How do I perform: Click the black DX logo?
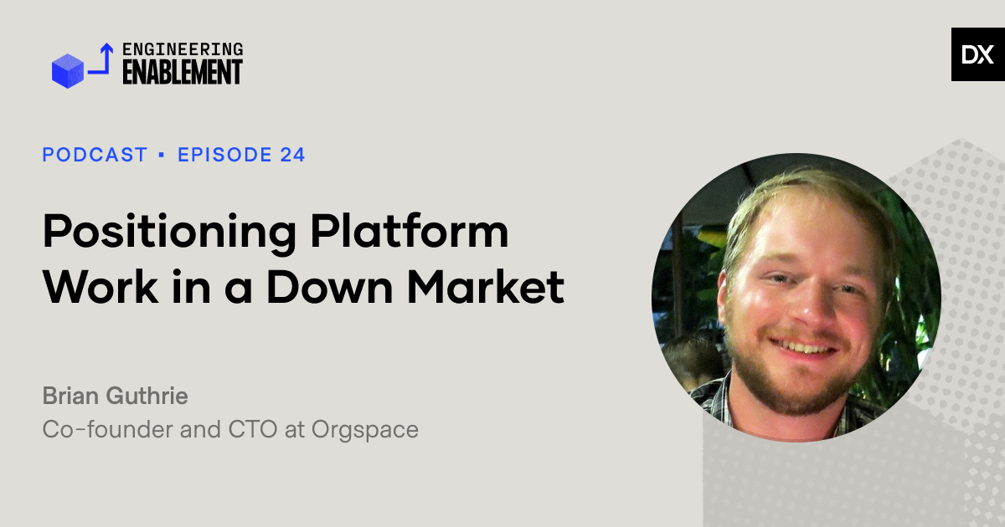click(977, 54)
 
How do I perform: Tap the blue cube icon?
click(68, 71)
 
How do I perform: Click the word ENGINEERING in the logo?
click(183, 49)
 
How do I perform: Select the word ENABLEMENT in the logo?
click(183, 73)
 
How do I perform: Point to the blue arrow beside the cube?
click(102, 60)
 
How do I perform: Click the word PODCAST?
click(95, 155)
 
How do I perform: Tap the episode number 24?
click(292, 155)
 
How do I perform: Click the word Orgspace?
click(365, 430)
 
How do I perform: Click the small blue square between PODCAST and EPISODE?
click(162, 155)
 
